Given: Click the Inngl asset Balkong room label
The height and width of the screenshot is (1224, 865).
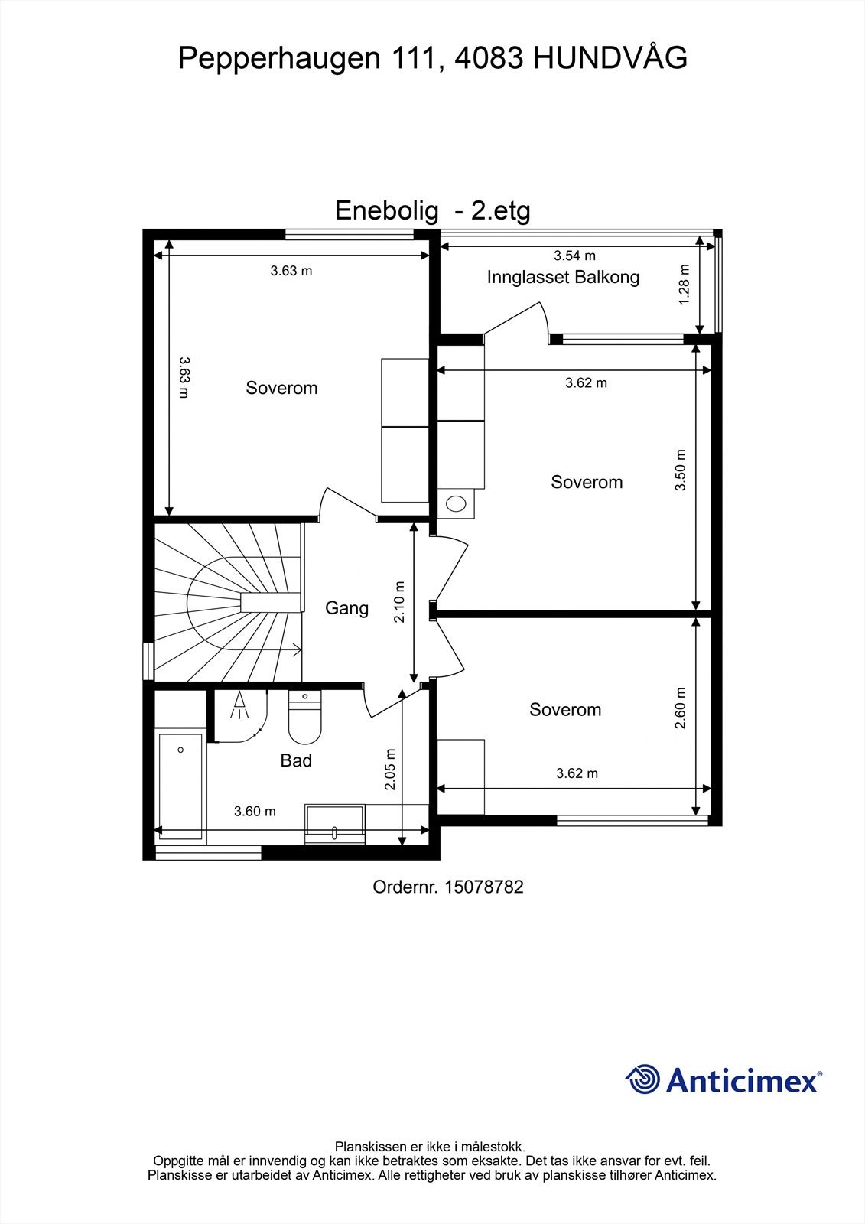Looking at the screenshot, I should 563,278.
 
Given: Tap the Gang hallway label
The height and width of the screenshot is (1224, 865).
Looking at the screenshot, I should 346,608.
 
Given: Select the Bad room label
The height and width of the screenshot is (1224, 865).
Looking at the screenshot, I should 296,760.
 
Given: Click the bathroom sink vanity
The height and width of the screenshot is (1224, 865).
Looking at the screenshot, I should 334,823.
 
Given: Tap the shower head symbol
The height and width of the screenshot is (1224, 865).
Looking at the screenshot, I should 239,705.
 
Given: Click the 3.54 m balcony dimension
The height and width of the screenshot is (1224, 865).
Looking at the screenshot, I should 574,256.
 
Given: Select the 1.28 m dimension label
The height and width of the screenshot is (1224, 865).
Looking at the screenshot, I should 685,285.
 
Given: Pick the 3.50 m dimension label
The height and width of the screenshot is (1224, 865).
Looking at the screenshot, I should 681,470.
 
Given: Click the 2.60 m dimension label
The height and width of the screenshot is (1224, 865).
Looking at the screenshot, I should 681,708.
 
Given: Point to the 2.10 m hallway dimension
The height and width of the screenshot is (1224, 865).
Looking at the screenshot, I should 400,602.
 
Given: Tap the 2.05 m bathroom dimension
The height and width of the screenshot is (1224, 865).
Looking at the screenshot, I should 390,769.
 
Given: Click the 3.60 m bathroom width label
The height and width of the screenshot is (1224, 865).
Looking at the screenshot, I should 255,812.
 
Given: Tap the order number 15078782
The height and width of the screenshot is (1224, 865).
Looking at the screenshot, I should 483,887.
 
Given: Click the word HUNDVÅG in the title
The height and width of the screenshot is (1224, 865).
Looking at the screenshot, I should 610,58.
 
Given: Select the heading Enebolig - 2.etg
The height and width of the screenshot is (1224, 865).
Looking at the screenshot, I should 432,210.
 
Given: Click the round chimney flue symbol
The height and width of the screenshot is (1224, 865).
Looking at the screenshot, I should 457,503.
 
